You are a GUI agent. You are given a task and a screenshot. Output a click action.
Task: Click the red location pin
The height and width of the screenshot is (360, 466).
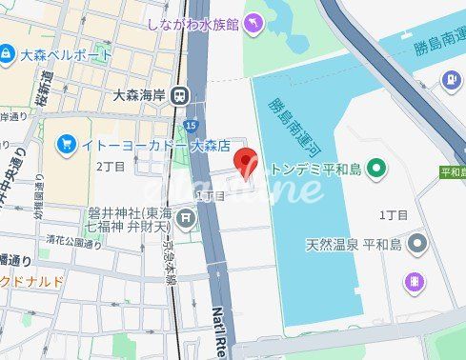pyautogui.click(x=246, y=164)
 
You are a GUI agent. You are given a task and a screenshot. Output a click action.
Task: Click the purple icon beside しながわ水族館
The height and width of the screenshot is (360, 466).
pyautogui.click(x=253, y=23)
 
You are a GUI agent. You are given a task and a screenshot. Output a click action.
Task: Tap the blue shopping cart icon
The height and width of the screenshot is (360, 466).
pyautogui.click(x=65, y=145)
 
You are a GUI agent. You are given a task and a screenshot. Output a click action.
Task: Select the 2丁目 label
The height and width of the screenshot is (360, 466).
pyautogui.click(x=111, y=166)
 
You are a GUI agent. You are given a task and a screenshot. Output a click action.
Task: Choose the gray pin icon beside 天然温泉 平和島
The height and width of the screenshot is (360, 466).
pyautogui.click(x=415, y=245)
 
